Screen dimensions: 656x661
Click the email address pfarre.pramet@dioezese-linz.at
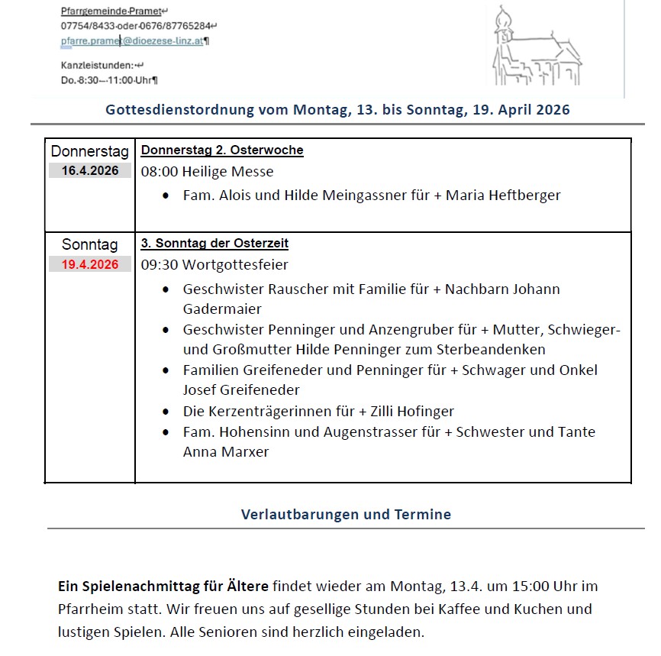[x=132, y=41]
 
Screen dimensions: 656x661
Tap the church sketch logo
[x=535, y=48]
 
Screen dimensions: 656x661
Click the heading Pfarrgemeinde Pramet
[x=111, y=11]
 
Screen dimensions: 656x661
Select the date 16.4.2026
[x=90, y=171]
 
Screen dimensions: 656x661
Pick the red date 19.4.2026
[x=90, y=264]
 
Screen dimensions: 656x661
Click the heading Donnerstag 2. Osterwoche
[x=222, y=150]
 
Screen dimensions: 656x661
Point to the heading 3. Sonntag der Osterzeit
[x=214, y=244]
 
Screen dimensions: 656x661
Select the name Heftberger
[x=524, y=196]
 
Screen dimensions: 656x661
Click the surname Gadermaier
[x=222, y=309]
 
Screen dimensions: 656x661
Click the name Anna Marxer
[x=226, y=452]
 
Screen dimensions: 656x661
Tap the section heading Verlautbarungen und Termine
[x=346, y=514]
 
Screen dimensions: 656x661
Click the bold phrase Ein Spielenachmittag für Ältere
[x=163, y=587]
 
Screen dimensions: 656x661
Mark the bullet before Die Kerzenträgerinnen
[x=166, y=412]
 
